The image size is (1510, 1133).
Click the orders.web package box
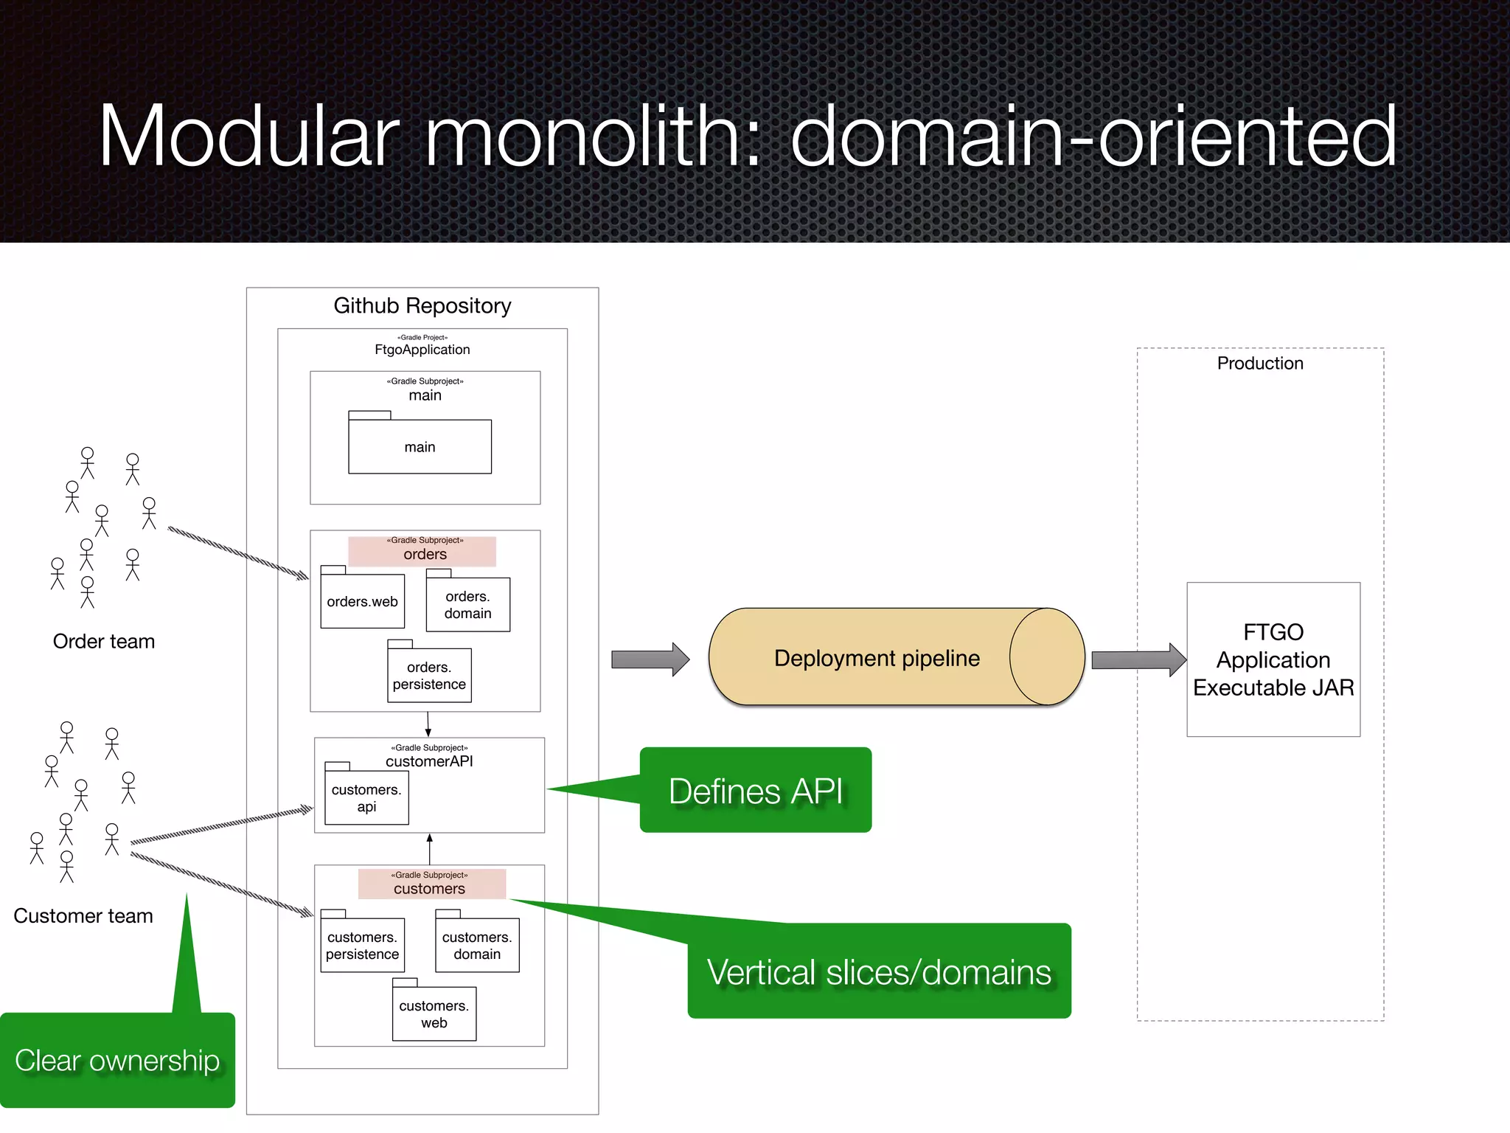[362, 601]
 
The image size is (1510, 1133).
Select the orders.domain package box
[467, 605]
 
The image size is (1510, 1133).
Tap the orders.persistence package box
[429, 676]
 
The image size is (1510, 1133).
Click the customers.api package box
[366, 798]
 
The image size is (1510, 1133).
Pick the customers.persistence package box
[362, 946]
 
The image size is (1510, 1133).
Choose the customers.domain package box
[477, 946]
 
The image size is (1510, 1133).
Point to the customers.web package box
[434, 1014]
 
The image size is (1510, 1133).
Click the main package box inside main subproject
[420, 447]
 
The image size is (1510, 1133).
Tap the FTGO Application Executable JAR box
[1273, 659]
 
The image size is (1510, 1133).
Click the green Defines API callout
[755, 791]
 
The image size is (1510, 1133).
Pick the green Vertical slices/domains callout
[879, 972]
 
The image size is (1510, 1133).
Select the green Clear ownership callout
[117, 1061]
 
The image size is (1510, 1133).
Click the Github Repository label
[422, 305]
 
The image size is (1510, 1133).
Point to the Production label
[1259, 363]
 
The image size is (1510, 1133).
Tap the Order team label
[104, 641]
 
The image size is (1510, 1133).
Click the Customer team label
[83, 915]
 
